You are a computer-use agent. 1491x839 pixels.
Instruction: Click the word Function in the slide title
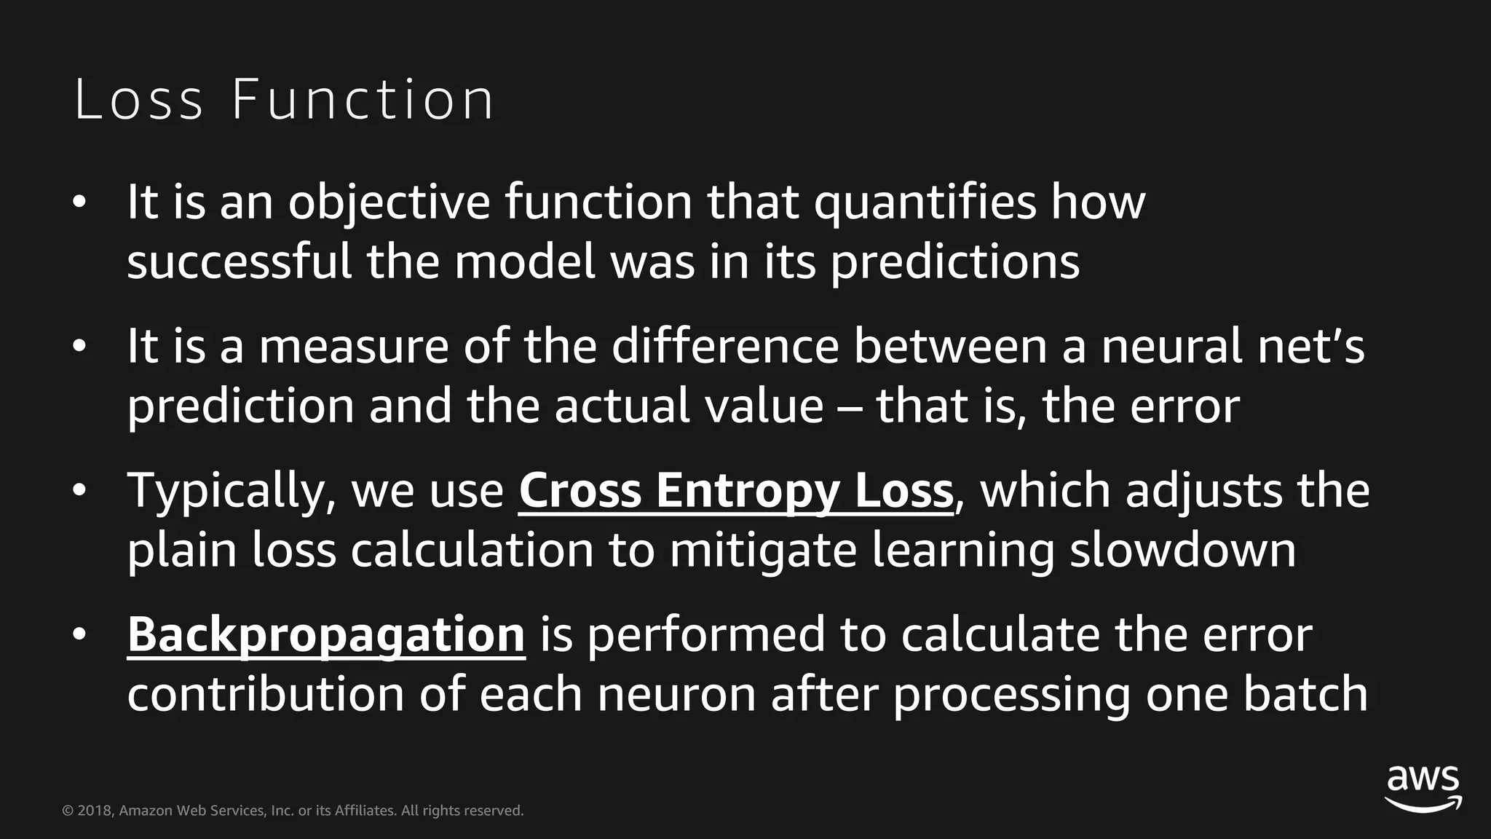363,100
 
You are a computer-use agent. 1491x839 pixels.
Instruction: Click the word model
525,261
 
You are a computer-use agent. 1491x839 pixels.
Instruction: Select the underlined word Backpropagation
326,635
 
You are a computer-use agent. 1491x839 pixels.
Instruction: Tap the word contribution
266,694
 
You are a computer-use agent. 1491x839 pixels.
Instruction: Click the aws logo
1423,788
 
